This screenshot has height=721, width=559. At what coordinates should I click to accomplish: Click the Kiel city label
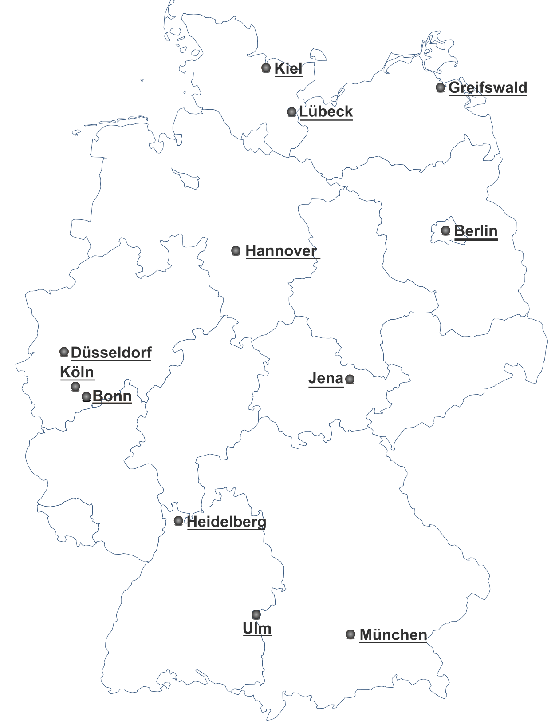pos(288,69)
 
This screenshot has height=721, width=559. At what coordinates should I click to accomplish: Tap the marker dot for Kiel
pos(266,68)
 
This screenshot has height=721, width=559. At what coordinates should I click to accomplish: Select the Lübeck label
pos(326,111)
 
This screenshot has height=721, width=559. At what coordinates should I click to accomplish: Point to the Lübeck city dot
pos(291,112)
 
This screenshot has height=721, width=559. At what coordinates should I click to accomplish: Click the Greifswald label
pos(488,87)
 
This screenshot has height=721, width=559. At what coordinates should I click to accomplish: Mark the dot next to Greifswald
pos(440,87)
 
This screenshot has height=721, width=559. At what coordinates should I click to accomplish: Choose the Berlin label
pos(476,231)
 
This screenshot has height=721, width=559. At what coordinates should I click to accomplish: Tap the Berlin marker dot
pos(446,230)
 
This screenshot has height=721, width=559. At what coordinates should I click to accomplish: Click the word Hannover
pos(281,251)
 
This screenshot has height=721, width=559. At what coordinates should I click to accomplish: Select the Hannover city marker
pos(236,251)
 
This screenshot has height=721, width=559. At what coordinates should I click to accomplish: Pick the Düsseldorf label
pos(111,353)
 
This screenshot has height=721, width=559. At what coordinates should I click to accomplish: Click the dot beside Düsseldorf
pos(64,352)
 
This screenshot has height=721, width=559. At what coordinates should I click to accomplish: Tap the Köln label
pos(77,372)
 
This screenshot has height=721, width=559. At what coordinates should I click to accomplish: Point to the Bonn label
pos(112,396)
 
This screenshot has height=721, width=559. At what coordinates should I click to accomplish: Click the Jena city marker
pos(350,379)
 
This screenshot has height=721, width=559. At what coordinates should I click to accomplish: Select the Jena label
pos(326,378)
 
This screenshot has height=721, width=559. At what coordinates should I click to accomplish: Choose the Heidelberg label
pos(227,522)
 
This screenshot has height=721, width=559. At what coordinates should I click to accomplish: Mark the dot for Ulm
pos(256,614)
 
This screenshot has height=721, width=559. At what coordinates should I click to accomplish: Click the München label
pos(393,635)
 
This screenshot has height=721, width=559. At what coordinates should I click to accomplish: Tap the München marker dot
pos(350,634)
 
